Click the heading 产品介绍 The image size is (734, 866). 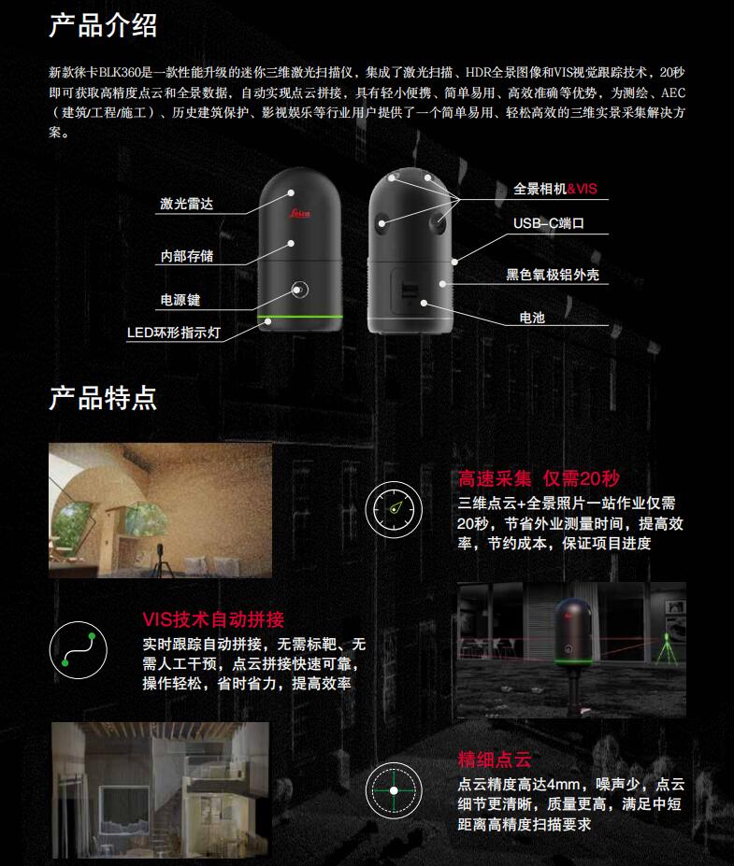[103, 24]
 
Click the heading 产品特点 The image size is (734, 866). [103, 398]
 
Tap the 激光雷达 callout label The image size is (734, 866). [187, 203]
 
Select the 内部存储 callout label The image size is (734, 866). [187, 255]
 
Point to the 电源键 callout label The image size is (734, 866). [180, 300]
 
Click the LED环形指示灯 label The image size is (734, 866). [175, 333]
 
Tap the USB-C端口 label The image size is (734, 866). [548, 223]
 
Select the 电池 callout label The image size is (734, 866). [532, 318]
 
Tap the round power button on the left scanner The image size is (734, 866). [299, 289]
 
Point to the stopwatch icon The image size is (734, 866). [393, 508]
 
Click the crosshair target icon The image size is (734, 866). [393, 789]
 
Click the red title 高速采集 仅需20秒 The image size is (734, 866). [539, 479]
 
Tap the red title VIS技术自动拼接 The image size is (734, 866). [213, 618]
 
